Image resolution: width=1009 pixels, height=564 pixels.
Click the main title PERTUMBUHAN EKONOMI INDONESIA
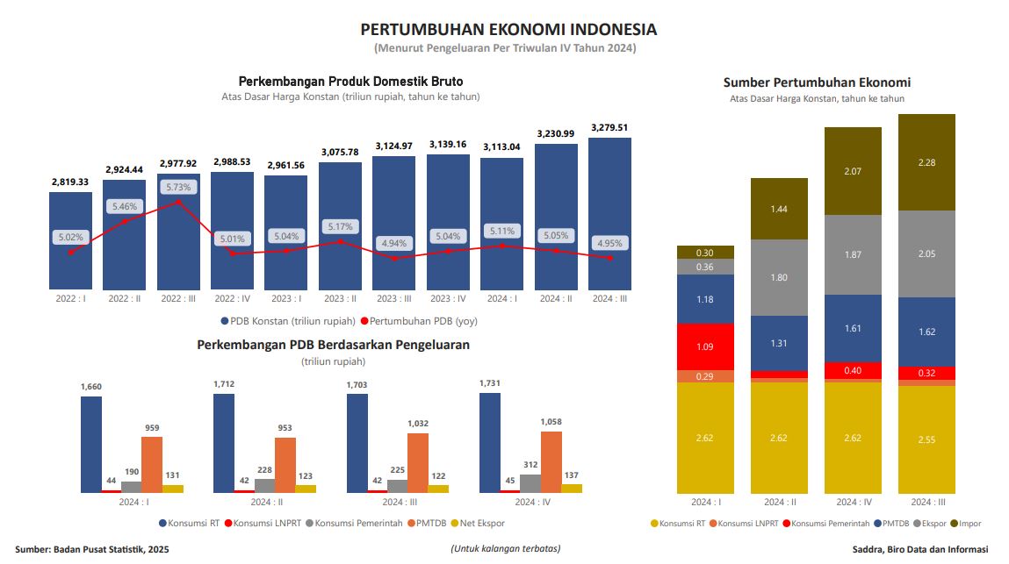click(x=508, y=30)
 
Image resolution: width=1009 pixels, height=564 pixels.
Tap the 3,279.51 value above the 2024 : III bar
click(x=609, y=127)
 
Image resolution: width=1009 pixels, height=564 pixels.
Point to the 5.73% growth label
click(x=178, y=187)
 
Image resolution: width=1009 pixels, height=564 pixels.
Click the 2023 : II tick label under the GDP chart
click(x=340, y=298)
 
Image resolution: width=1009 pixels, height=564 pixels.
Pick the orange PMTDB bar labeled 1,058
click(x=551, y=461)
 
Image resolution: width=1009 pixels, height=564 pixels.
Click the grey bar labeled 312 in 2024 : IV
click(x=530, y=482)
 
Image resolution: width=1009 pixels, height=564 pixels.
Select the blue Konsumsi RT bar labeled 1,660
click(x=91, y=444)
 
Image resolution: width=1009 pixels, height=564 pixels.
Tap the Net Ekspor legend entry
click(x=480, y=524)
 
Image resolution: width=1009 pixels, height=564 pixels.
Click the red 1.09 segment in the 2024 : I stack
click(x=705, y=346)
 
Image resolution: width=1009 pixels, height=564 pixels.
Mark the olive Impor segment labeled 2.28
click(x=926, y=162)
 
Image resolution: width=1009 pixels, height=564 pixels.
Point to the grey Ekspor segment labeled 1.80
click(x=779, y=278)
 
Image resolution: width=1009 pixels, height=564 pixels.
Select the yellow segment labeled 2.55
click(x=926, y=439)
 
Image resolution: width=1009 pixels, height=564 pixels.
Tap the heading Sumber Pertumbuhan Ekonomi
click(x=817, y=82)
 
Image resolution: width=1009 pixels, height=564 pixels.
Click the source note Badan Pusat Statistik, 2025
click(x=91, y=549)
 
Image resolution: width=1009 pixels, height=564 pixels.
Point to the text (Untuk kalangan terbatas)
click(x=505, y=549)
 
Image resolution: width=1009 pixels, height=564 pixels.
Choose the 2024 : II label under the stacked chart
click(x=779, y=503)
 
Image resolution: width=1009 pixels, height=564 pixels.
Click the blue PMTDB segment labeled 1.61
click(x=853, y=328)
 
